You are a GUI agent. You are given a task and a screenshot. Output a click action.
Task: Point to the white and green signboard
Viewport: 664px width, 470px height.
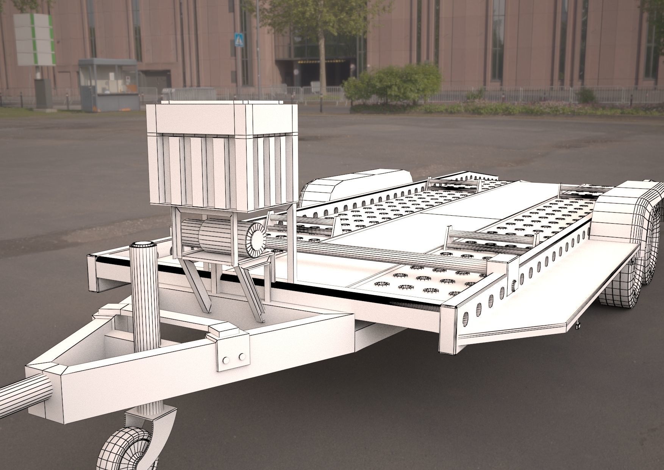34,39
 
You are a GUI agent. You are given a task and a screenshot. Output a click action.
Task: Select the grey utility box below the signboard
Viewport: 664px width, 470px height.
43,92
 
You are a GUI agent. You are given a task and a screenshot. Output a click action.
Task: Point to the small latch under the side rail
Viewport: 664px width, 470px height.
578,324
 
